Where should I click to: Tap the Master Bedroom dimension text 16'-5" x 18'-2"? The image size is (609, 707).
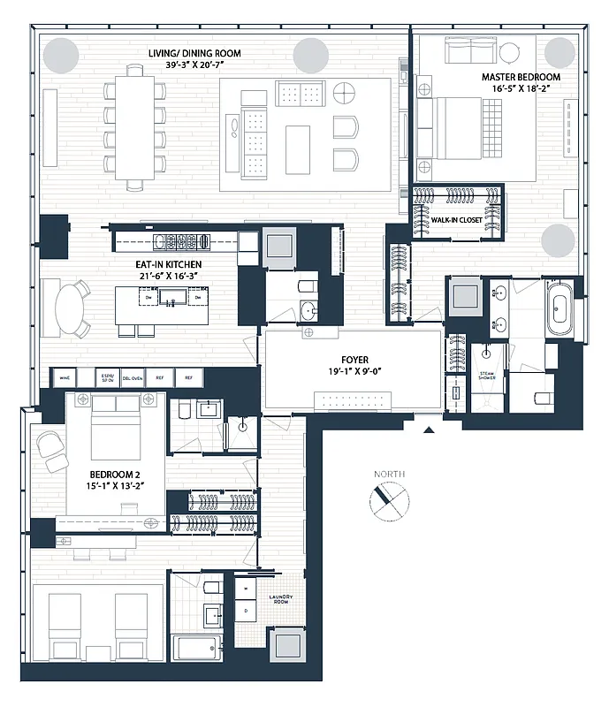pyautogui.click(x=521, y=89)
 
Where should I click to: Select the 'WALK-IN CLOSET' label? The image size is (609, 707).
pyautogui.click(x=456, y=219)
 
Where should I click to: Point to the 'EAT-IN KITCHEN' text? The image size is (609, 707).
pyautogui.click(x=168, y=263)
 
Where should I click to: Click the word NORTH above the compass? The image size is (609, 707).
pyautogui.click(x=389, y=475)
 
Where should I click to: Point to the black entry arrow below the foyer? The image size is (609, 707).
pyautogui.click(x=430, y=430)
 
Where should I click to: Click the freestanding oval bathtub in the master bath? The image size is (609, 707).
pyautogui.click(x=560, y=309)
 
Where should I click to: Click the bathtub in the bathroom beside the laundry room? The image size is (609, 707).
pyautogui.click(x=201, y=647)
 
